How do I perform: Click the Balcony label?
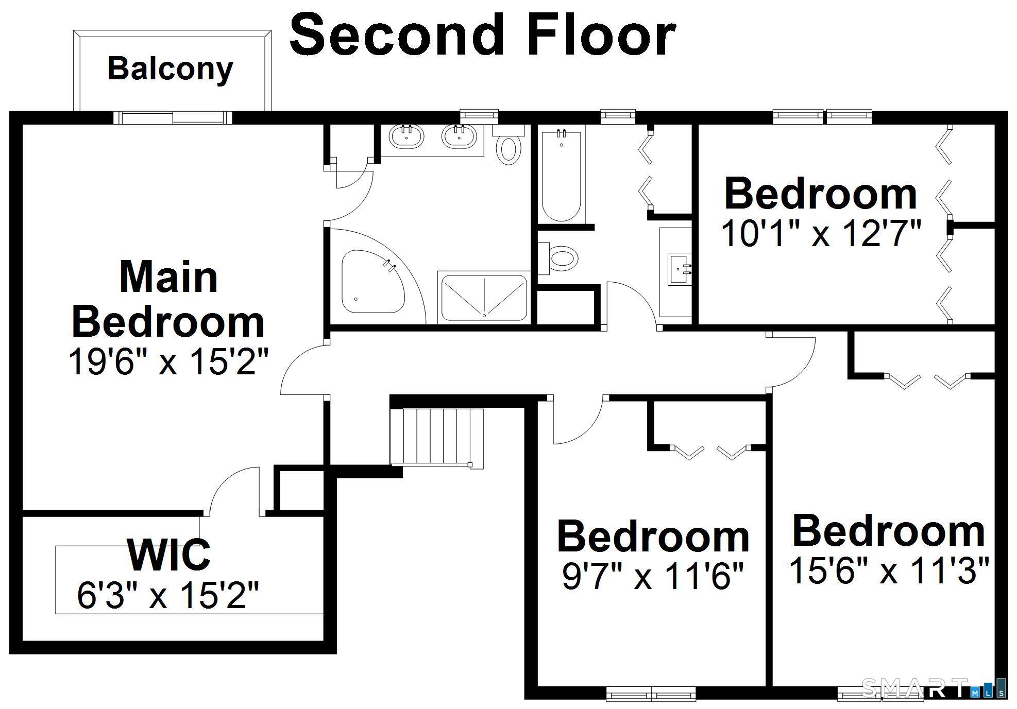click(170, 69)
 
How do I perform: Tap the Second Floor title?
click(483, 34)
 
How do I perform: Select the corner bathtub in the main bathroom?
click(373, 282)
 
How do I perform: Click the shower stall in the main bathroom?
click(484, 298)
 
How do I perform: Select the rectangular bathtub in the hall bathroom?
click(562, 176)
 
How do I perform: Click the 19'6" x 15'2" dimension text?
click(168, 361)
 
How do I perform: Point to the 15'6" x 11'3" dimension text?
click(889, 570)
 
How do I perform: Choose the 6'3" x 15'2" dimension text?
click(167, 595)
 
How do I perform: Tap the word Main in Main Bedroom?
click(168, 277)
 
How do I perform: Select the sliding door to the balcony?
click(173, 118)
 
